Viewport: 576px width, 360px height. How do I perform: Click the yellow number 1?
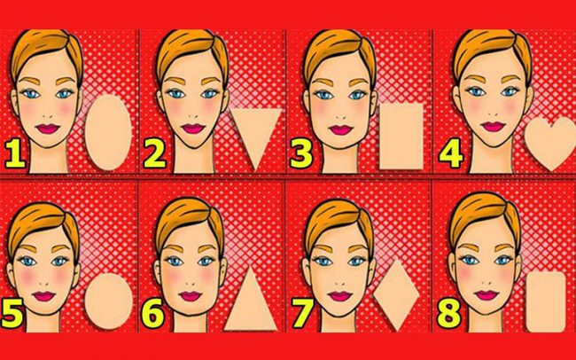coord(15,153)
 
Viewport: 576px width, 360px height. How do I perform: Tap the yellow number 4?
coord(451,153)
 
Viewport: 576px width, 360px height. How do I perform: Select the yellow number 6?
coord(152,314)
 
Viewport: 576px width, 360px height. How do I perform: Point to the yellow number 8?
coord(449,314)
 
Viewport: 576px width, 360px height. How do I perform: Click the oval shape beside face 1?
coord(108,132)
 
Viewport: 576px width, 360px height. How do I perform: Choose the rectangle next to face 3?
coord(401,137)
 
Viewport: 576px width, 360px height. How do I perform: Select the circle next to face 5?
coord(108,301)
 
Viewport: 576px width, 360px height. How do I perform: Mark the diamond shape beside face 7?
coord(397,294)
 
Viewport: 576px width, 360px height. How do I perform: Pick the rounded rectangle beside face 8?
coord(546,301)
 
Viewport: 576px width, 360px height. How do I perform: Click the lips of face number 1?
coord(48,129)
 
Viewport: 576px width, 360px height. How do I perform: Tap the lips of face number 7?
coord(340,296)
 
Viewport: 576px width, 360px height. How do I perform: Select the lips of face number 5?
coord(43,296)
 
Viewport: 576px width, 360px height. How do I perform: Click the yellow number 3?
coord(301,153)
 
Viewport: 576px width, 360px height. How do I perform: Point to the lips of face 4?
coord(494,127)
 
